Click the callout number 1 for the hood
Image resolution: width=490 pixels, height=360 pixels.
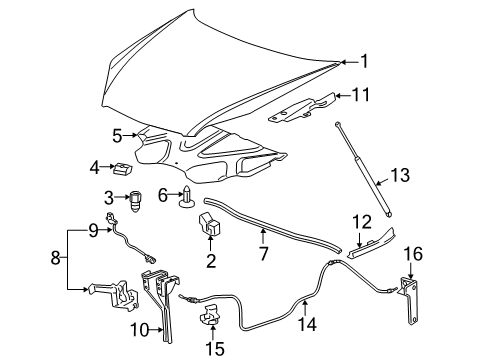pyautogui.click(x=364, y=61)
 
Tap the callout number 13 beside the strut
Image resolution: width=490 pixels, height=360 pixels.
pyautogui.click(x=400, y=176)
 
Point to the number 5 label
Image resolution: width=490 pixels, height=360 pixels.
pyautogui.click(x=117, y=134)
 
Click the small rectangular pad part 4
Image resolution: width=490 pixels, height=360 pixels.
pyautogui.click(x=121, y=167)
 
